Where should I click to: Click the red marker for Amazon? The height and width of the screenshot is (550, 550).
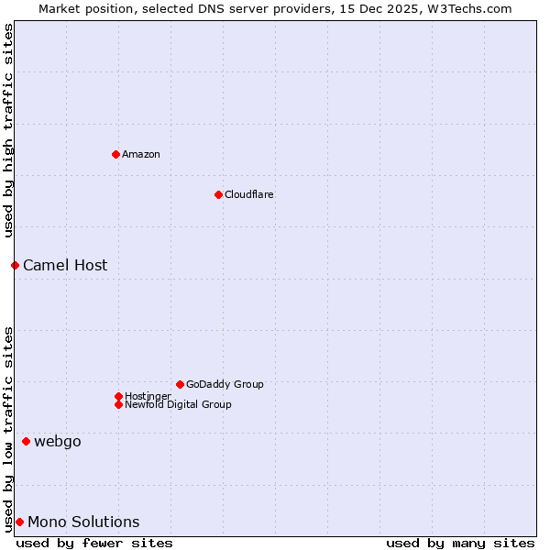pos(115,154)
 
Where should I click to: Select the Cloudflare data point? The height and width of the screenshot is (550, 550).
pos(218,194)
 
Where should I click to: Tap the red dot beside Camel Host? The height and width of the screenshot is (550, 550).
pos(15,265)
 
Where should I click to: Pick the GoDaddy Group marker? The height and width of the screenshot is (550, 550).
pos(180,384)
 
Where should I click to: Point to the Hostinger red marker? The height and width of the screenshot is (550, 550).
pos(118,396)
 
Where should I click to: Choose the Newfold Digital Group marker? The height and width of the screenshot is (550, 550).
pos(118,404)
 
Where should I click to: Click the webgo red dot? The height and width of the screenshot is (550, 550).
pos(26,441)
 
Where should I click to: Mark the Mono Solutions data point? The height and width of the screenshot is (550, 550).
pos(19,522)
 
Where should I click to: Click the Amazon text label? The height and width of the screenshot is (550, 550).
pos(141,154)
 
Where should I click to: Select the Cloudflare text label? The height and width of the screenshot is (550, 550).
pos(249,194)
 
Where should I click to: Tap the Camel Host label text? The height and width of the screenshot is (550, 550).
pos(65,265)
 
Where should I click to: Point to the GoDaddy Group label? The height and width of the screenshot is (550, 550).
pos(225,384)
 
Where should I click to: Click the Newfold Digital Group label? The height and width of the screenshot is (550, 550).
pos(178,404)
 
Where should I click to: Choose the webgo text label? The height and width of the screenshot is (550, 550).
pos(58,441)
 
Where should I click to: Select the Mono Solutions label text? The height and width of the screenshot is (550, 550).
pos(83,522)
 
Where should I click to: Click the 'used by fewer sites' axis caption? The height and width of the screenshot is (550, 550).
pos(94,543)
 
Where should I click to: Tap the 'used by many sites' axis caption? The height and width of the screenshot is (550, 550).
pos(460,543)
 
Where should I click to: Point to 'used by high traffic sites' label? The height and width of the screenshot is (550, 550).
pos(8,131)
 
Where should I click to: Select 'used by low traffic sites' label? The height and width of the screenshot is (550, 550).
pos(8,428)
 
